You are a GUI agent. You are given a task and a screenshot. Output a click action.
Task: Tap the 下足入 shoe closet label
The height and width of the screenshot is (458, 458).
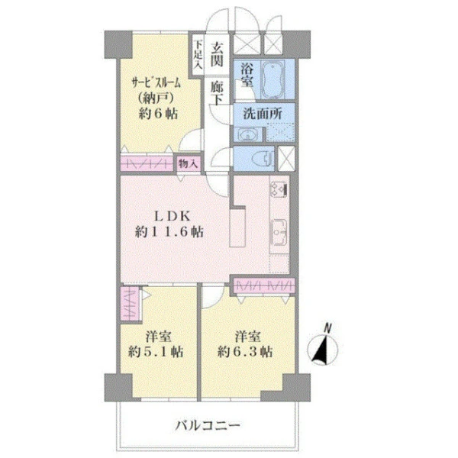(198, 55)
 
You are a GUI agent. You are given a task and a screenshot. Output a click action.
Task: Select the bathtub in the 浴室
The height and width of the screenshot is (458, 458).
(273, 79)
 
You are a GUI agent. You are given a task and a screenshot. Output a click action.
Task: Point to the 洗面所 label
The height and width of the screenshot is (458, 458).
(263, 114)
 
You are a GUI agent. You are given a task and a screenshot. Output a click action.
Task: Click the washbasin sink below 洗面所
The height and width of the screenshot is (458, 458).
(249, 135)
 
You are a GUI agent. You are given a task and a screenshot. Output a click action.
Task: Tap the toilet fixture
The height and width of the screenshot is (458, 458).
(264, 158)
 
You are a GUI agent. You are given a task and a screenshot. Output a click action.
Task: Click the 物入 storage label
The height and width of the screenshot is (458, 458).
(188, 163)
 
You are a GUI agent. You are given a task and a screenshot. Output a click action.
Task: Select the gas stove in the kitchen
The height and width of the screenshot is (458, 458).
(279, 189)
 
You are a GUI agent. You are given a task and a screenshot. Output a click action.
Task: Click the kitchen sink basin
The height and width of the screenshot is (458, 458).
(279, 232)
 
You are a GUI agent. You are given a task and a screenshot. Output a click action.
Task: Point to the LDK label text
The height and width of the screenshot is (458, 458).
(173, 217)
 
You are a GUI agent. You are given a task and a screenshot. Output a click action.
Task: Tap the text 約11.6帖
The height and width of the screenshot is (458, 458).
(169, 232)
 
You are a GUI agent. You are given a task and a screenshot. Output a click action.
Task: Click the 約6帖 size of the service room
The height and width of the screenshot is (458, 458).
(158, 114)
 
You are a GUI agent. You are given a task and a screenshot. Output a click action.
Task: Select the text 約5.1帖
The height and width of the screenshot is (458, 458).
(156, 352)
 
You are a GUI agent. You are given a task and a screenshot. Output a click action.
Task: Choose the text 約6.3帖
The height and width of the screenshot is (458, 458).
(245, 352)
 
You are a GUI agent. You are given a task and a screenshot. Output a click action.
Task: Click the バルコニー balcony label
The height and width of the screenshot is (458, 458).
(208, 425)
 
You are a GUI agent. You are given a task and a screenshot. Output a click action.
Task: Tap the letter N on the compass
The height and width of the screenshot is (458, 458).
(328, 328)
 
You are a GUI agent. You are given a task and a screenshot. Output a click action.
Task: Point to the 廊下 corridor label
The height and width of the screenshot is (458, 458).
(217, 92)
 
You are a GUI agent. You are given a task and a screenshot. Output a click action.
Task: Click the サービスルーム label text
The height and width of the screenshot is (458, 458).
(156, 83)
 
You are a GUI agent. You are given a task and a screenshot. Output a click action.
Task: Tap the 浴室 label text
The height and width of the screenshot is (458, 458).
(247, 75)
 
